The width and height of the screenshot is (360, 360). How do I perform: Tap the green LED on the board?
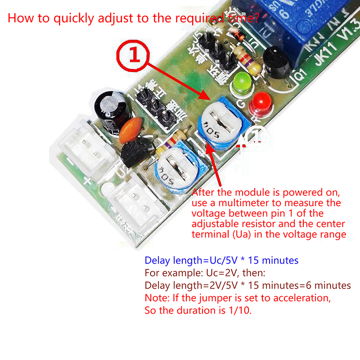[x=242, y=82]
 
